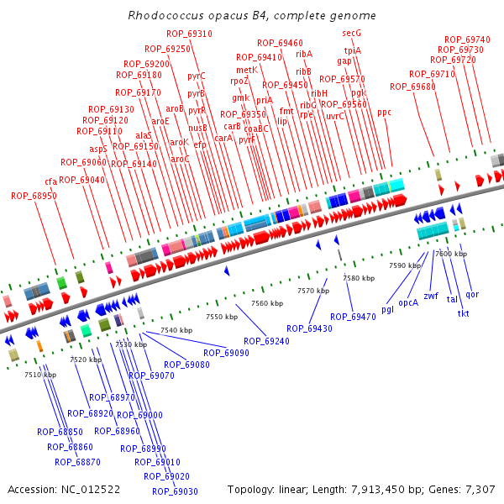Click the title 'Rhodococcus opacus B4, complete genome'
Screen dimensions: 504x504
pyautogui.click(x=252, y=16)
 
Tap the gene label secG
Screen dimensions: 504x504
pyautogui.click(x=351, y=33)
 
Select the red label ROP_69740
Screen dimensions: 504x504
pyautogui.click(x=467, y=39)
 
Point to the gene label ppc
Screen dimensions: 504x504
pyautogui.click(x=384, y=112)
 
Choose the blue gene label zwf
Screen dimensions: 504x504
pyautogui.click(x=431, y=296)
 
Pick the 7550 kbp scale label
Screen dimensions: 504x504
pyautogui.click(x=222, y=317)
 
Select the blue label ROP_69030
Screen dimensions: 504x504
pyautogui.click(x=175, y=491)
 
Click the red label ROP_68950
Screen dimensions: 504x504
pyautogui.click(x=34, y=196)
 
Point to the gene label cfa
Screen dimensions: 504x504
pyautogui.click(x=51, y=181)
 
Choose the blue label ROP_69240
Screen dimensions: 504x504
pyautogui.click(x=266, y=341)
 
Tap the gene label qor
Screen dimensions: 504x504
pyautogui.click(x=472, y=294)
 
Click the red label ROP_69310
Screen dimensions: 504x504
pyautogui.click(x=189, y=34)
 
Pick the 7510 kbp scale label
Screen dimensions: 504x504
pyautogui.click(x=40, y=375)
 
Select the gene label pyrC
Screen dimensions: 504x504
pyautogui.click(x=197, y=76)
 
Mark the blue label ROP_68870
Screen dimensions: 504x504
pyautogui.click(x=77, y=461)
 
